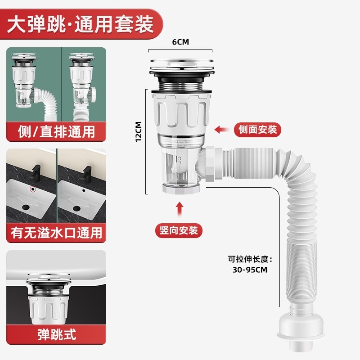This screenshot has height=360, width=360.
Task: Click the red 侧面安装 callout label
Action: (257, 130)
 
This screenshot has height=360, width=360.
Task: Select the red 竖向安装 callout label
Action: (179, 230)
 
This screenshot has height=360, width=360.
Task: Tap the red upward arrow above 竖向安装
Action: (179, 210)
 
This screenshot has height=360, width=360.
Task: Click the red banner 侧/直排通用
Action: (56, 132)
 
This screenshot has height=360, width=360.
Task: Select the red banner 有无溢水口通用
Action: (56, 233)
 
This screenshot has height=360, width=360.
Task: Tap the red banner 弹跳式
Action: (56, 334)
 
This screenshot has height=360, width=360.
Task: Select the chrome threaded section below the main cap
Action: (180, 82)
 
